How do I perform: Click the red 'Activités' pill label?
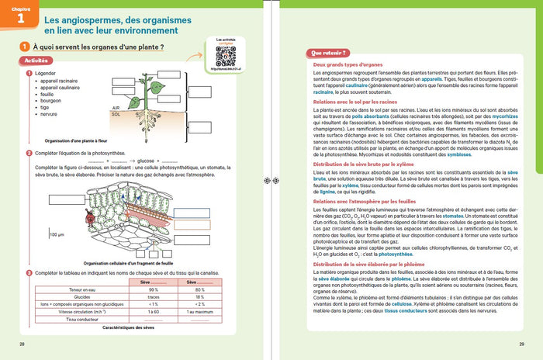(31, 60)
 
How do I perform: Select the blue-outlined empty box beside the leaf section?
(191, 192)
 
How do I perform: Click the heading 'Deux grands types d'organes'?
(344, 65)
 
